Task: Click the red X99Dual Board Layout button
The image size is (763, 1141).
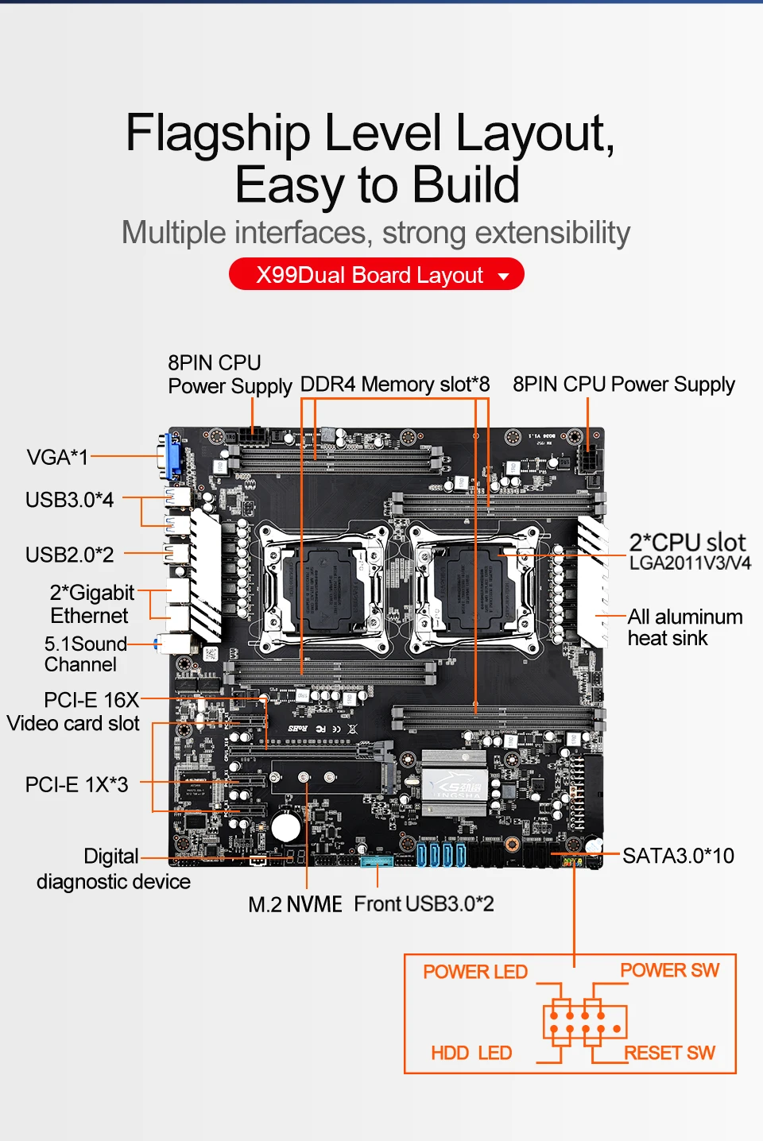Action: pyautogui.click(x=377, y=275)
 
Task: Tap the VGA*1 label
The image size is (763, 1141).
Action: pyautogui.click(x=57, y=458)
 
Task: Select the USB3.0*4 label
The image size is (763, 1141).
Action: pyautogui.click(x=69, y=500)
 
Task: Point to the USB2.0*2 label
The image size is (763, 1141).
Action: pyautogui.click(x=69, y=555)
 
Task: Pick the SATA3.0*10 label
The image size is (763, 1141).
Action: pyautogui.click(x=678, y=856)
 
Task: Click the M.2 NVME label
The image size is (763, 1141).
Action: pyautogui.click(x=295, y=904)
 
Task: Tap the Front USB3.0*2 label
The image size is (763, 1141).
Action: pyautogui.click(x=424, y=904)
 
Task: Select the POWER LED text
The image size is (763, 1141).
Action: pyautogui.click(x=475, y=972)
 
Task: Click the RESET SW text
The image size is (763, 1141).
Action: pyautogui.click(x=670, y=1053)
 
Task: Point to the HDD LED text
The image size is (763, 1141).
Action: pyautogui.click(x=471, y=1053)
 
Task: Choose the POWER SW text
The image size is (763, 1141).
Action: pyautogui.click(x=669, y=970)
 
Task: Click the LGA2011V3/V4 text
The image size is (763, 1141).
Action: pyautogui.click(x=690, y=563)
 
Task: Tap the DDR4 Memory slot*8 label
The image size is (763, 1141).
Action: pyautogui.click(x=394, y=385)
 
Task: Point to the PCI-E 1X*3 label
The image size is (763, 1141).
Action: pyautogui.click(x=76, y=785)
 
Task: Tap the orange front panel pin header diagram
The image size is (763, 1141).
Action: pyautogui.click(x=585, y=1023)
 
